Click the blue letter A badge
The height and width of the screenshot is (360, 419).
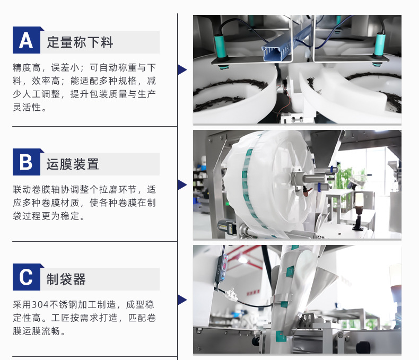[x=27, y=40]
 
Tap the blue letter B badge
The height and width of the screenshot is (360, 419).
[x=27, y=162]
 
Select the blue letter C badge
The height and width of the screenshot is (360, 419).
[x=27, y=277]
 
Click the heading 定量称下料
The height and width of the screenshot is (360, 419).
[x=80, y=42]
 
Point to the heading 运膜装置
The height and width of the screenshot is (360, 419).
[x=73, y=164]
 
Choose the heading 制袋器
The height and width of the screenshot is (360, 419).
[x=66, y=279]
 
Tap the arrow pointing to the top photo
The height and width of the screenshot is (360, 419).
[x=182, y=69]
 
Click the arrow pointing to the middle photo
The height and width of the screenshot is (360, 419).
[x=182, y=185]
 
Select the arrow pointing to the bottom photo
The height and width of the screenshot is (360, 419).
[x=182, y=300]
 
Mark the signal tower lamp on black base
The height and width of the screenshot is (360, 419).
[x=359, y=211]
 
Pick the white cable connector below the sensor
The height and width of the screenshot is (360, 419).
[x=230, y=294]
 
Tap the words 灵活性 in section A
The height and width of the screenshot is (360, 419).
[x=27, y=107]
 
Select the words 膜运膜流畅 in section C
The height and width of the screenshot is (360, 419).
[x=37, y=331]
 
